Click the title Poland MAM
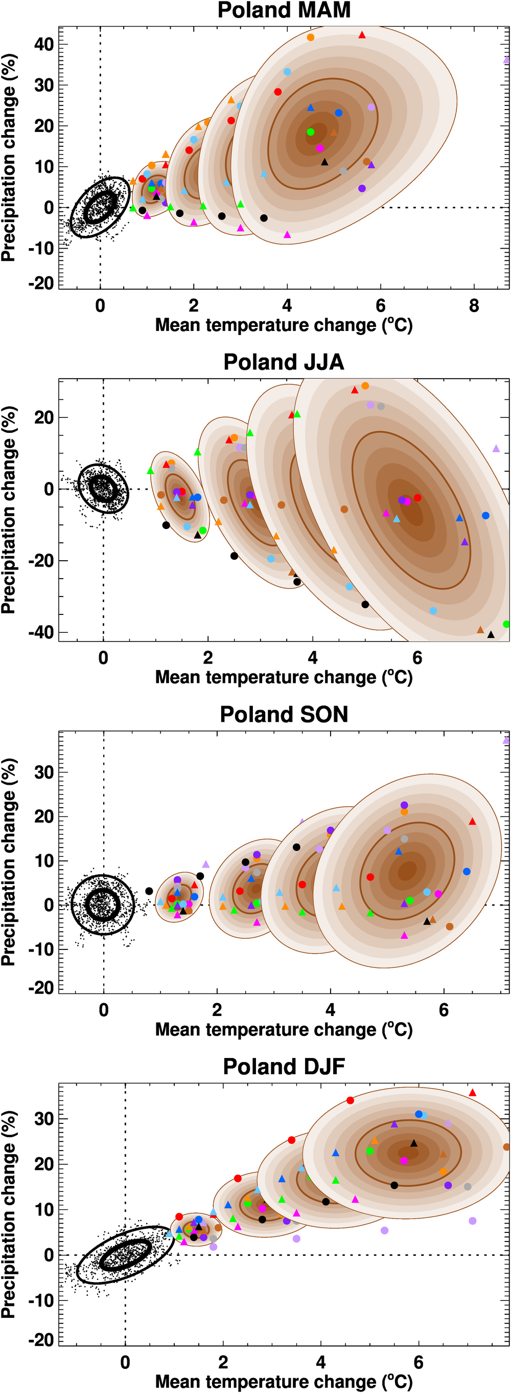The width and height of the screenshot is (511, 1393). (284, 10)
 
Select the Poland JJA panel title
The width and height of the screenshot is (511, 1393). (284, 362)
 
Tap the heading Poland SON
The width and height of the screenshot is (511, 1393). (284, 714)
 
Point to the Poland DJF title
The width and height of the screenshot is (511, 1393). (284, 1067)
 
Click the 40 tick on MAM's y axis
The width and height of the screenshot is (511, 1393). (44, 45)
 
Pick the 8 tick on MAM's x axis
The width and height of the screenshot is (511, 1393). (474, 306)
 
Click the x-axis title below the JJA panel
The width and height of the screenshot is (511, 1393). (284, 677)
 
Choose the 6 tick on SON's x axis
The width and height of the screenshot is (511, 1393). (444, 1010)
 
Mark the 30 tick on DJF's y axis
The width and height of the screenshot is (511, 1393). (44, 1119)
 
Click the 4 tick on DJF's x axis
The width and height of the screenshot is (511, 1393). (321, 1362)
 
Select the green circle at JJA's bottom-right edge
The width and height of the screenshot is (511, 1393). (506, 624)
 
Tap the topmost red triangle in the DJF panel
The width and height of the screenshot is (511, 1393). (473, 1092)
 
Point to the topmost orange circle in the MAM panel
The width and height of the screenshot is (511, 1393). (311, 37)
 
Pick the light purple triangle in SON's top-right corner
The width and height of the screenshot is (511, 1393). (506, 740)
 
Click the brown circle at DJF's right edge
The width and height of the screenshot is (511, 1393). (506, 1147)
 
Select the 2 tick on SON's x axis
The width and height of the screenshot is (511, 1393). (217, 1010)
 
